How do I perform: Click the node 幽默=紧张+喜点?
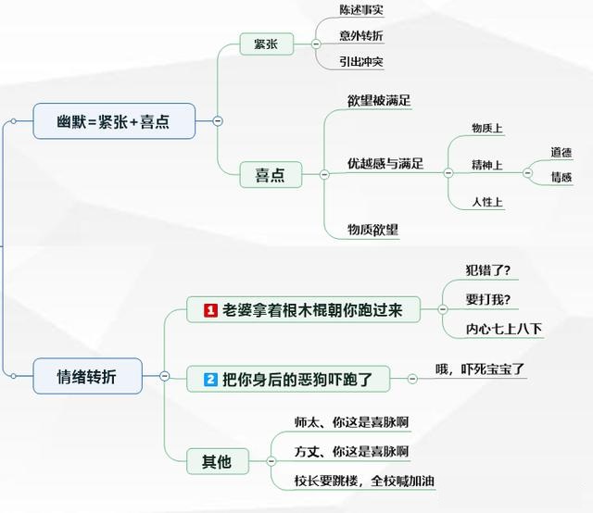pos(114,121)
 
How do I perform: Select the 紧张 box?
pos(266,44)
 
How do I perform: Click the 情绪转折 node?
pos(87,376)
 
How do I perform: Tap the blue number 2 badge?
pos(210,378)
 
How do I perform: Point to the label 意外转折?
pos(360,37)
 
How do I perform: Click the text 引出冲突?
pos(360,62)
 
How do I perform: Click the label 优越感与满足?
pos(385,164)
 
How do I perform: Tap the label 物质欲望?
pos(372,228)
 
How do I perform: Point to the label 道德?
pos(561,152)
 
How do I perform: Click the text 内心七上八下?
pos(505,329)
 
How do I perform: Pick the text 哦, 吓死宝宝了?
pos(480,369)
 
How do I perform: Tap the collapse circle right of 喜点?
pos(324,174)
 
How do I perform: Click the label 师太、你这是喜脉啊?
pos(351,422)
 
